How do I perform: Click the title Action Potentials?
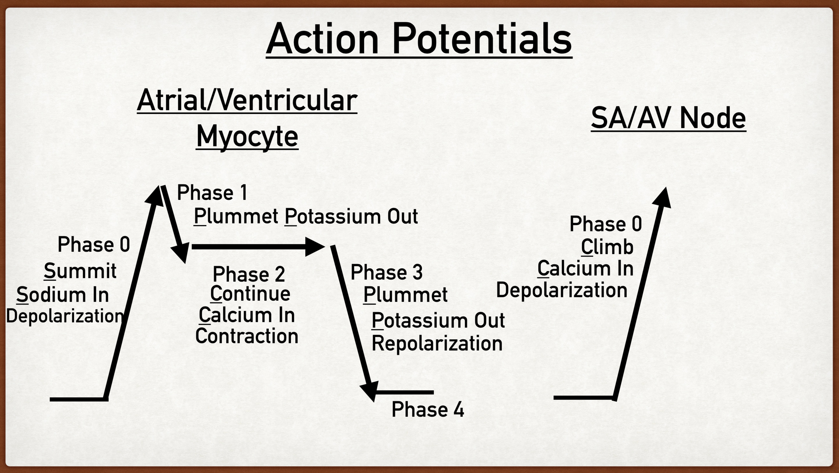[x=419, y=39]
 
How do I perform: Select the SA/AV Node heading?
[x=668, y=118]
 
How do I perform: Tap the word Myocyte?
[x=247, y=136]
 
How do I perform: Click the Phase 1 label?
[x=212, y=193]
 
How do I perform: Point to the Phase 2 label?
[x=249, y=274]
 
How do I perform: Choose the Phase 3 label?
[x=386, y=272]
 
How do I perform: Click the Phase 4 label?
[x=428, y=410]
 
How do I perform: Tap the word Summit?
[x=80, y=271]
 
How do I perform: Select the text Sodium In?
[x=62, y=295]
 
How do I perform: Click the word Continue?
[x=250, y=294]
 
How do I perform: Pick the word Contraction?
[x=247, y=336]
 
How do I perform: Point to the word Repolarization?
[x=437, y=343]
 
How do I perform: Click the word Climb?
[x=607, y=247]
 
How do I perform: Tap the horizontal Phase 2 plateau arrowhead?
[x=314, y=247]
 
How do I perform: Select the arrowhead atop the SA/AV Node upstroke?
[x=662, y=198]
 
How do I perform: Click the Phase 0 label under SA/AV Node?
[x=605, y=224]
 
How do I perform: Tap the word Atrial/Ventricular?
[x=247, y=100]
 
